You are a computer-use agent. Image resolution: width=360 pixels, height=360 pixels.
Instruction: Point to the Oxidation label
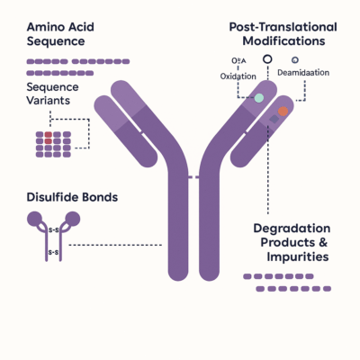pos(238,76)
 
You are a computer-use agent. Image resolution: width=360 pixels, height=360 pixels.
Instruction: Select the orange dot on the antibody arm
pos(283,111)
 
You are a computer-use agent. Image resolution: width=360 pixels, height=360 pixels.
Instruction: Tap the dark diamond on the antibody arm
pos(274,119)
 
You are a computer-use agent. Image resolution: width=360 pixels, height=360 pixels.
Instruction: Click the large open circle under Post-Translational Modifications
pos(266,60)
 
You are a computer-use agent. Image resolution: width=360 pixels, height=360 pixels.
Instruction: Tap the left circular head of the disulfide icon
pos(35,218)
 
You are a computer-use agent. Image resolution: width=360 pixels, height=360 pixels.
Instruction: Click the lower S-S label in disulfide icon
pos(52,252)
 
